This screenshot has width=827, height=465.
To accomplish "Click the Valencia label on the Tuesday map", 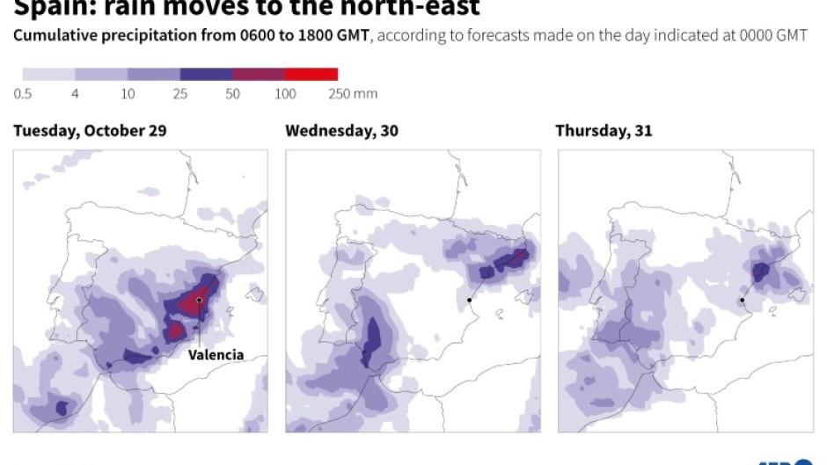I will (216, 355).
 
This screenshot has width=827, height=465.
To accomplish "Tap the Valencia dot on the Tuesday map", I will (200, 301).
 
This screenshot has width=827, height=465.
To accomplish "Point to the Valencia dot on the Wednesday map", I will (470, 301).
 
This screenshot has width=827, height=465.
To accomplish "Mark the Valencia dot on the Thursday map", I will (743, 301).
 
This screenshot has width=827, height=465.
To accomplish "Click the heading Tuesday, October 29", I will (90, 131).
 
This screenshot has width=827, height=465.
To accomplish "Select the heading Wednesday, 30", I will (341, 131).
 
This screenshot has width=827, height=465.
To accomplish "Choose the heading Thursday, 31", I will (604, 131).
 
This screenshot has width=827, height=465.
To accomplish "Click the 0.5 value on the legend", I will (23, 94).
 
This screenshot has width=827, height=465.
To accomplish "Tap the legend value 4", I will (76, 94).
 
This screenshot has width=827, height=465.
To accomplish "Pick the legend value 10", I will (128, 94).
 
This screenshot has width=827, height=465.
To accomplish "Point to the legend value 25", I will (180, 94).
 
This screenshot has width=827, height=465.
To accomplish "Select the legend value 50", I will (233, 94).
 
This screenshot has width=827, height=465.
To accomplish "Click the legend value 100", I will (285, 94).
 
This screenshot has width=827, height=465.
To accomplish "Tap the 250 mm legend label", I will (352, 94).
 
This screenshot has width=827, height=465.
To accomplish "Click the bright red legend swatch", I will (311, 75).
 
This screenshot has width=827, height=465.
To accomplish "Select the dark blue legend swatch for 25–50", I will (207, 75).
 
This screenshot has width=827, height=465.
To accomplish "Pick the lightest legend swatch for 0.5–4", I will (49, 75).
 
